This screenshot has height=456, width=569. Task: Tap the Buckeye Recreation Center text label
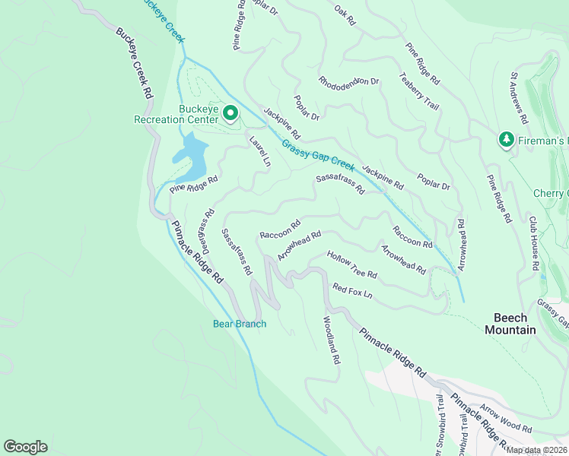coord(187,114)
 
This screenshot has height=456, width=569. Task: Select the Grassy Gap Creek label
coord(318,156)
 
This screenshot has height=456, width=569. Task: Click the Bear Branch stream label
coord(239,325)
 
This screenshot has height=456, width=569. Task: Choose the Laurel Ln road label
coord(259,150)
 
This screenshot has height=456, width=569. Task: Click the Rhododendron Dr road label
coord(349,81)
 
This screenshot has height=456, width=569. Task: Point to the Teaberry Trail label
coord(419,91)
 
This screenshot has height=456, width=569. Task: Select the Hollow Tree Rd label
coord(352,264)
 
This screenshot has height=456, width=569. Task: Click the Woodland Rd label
coord(331,340)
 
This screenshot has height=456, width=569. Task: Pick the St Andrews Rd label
coord(519,99)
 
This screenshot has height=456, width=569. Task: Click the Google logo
coord(25,447)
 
